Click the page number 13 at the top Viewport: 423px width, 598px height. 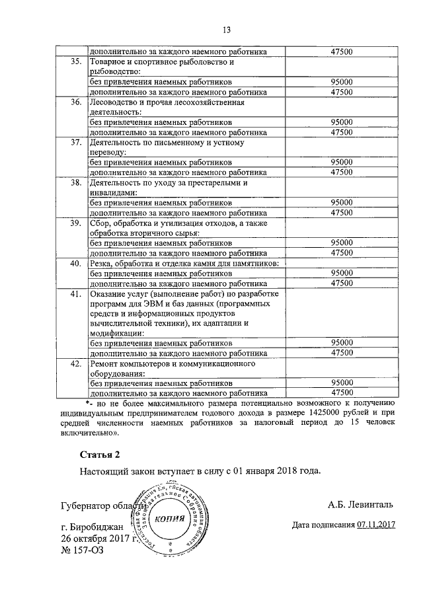pos(225,29)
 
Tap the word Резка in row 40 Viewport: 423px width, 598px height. pos(101,263)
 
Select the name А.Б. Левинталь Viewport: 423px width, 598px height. pos(360,505)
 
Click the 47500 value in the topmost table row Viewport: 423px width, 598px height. pos(341,50)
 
